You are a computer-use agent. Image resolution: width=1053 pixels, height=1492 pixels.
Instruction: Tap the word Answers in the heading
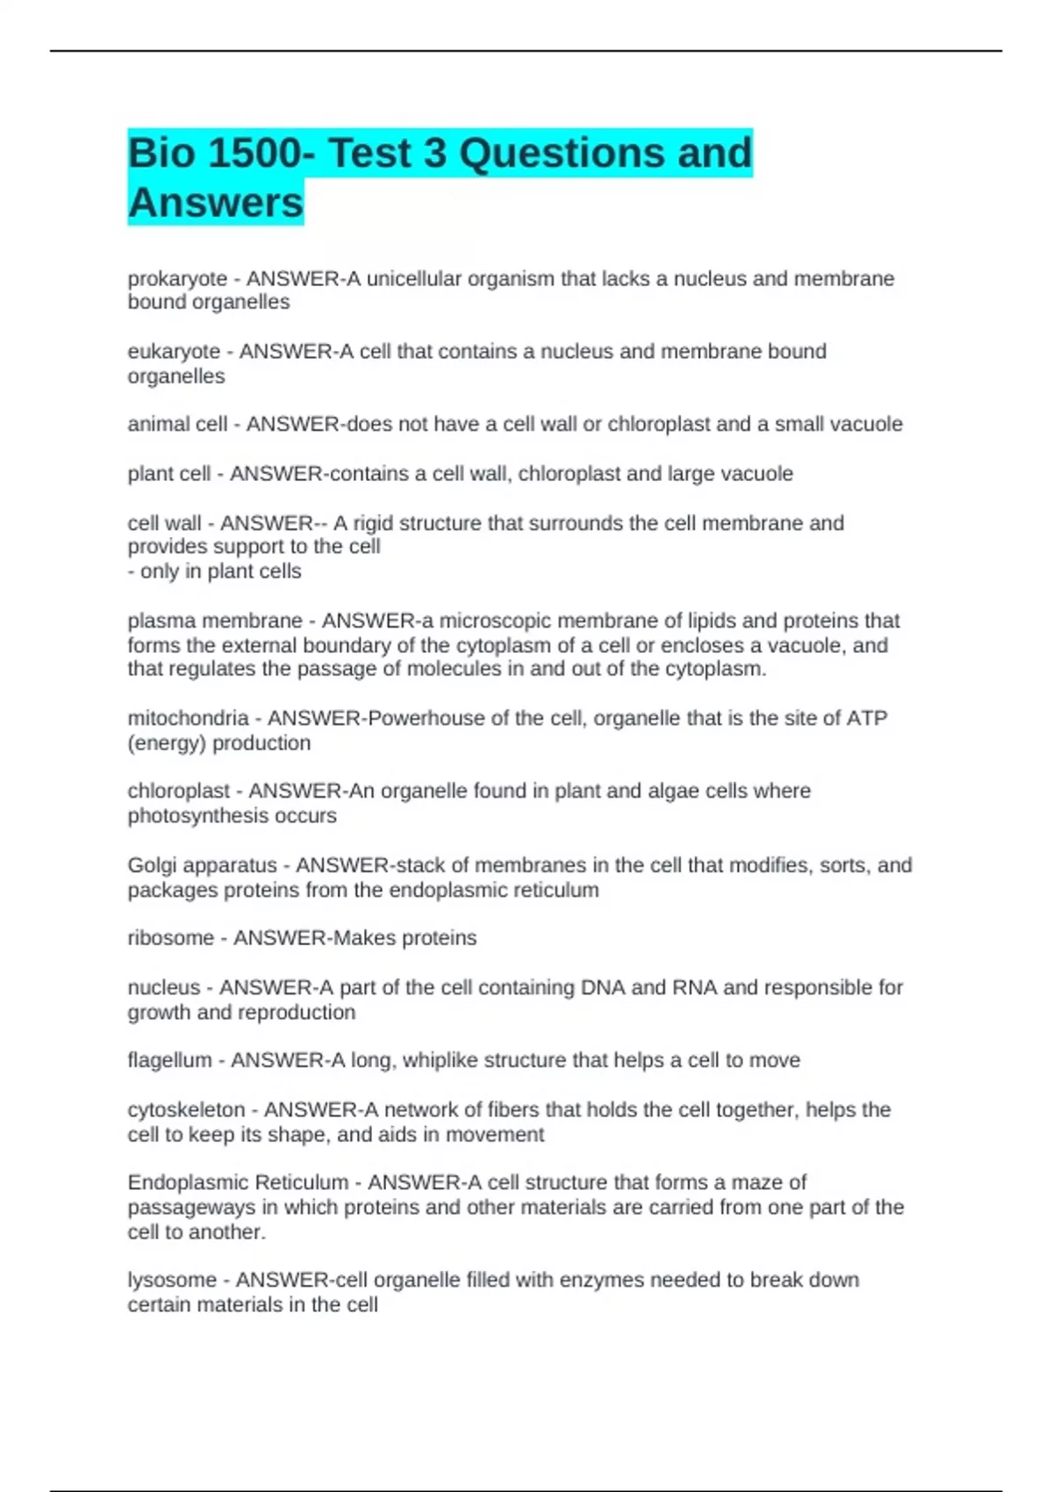pyautogui.click(x=215, y=203)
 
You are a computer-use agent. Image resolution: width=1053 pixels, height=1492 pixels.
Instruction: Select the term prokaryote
pyautogui.click(x=177, y=279)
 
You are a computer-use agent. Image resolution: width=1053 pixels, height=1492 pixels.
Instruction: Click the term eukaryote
pyautogui.click(x=174, y=352)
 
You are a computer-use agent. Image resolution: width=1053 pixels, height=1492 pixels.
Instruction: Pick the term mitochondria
pyautogui.click(x=188, y=718)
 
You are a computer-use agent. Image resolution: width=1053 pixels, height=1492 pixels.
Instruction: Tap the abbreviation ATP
pyautogui.click(x=866, y=718)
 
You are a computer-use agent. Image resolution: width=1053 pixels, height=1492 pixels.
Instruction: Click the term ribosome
pyautogui.click(x=170, y=938)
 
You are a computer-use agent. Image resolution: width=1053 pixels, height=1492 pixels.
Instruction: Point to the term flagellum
pyautogui.click(x=169, y=1060)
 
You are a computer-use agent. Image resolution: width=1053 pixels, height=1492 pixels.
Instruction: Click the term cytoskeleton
pyautogui.click(x=186, y=1110)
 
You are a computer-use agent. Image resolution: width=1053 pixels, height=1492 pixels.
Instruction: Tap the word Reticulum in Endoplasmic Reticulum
pyautogui.click(x=293, y=1182)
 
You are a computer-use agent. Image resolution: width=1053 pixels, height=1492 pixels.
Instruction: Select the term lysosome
pyautogui.click(x=171, y=1280)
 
